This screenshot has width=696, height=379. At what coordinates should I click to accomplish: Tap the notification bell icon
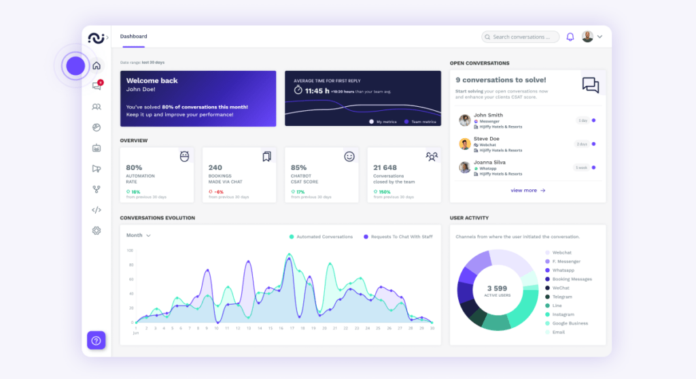[x=570, y=37]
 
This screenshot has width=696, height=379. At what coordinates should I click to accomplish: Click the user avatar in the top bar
[x=587, y=37]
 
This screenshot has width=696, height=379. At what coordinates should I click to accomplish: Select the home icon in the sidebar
[x=97, y=66]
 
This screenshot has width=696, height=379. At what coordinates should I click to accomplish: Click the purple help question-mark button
[x=96, y=340]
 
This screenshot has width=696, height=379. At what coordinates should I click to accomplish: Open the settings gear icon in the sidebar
[x=97, y=231]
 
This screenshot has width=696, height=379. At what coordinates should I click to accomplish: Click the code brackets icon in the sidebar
[x=97, y=210]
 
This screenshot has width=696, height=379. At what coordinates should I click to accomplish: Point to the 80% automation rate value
[x=134, y=167]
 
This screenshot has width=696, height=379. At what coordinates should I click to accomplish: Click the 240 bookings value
[x=215, y=167]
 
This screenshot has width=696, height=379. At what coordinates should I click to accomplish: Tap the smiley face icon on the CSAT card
[x=349, y=156]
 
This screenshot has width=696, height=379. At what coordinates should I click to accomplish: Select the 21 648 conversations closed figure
[x=385, y=167]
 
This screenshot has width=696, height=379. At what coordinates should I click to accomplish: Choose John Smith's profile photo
[x=465, y=120]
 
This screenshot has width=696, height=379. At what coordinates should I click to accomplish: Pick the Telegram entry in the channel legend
[x=562, y=297]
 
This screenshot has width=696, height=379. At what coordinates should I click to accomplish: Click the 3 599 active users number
[x=497, y=289]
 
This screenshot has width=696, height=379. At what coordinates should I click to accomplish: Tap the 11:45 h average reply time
[x=317, y=90]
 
